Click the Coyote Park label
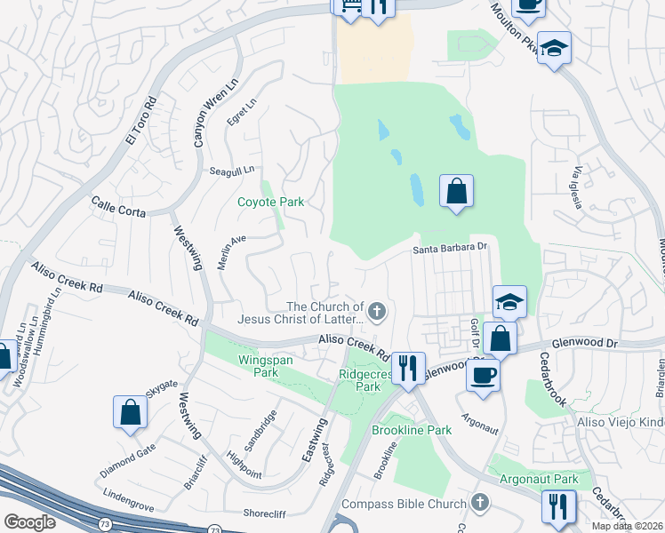pos(270,202)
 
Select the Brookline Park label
pos(412,430)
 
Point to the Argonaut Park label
pos(539,479)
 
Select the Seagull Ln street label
pos(232,169)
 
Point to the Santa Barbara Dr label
pos(452,250)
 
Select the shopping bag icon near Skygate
pos(130,412)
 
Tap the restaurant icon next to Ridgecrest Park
pos(408,368)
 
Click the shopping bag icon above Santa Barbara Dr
pos(456,190)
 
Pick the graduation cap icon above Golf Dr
pos(510,302)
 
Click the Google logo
pos(30,521)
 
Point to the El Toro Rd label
pos(140,121)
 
